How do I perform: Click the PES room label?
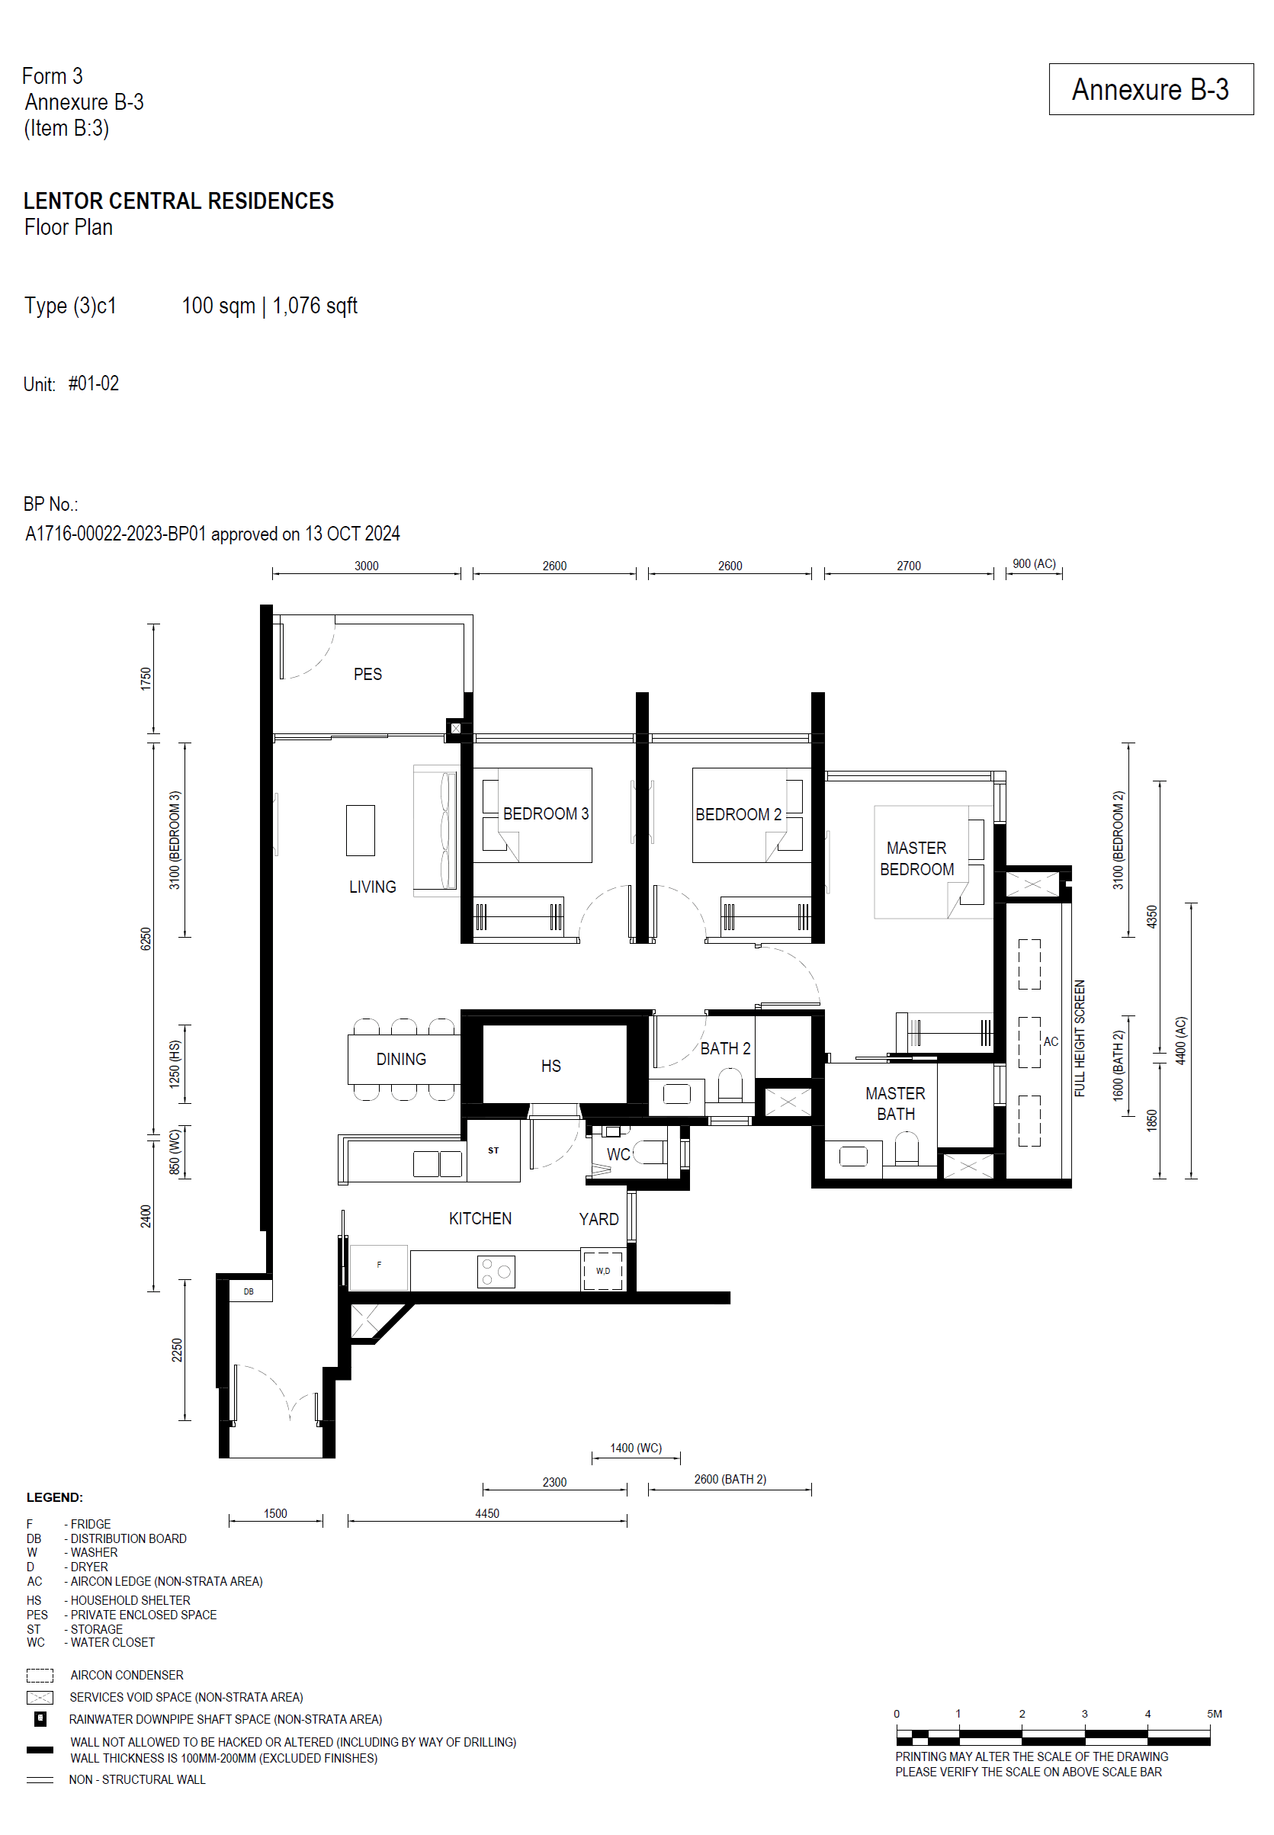coord(367,675)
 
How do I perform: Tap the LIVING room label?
coord(372,887)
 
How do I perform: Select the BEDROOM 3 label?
coord(546,813)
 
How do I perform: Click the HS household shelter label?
coord(550,1066)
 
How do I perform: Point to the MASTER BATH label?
coord(896,1103)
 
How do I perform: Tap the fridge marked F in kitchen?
coord(379,1268)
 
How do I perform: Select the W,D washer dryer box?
coord(602,1271)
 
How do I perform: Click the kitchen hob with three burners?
coord(496,1272)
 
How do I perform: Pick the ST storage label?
coord(493,1150)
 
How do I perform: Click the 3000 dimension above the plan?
coord(367,566)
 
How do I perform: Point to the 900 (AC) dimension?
coord(1034,563)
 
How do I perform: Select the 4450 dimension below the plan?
coord(487,1513)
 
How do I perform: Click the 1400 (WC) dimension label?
coord(635,1448)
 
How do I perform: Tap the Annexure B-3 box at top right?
coord(1150,89)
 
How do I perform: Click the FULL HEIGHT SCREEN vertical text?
coord(1080,1038)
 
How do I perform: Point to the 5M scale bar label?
coord(1214,1713)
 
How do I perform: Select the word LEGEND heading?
coord(54,1497)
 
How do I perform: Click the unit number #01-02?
coord(93,384)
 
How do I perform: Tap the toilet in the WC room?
coord(651,1153)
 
